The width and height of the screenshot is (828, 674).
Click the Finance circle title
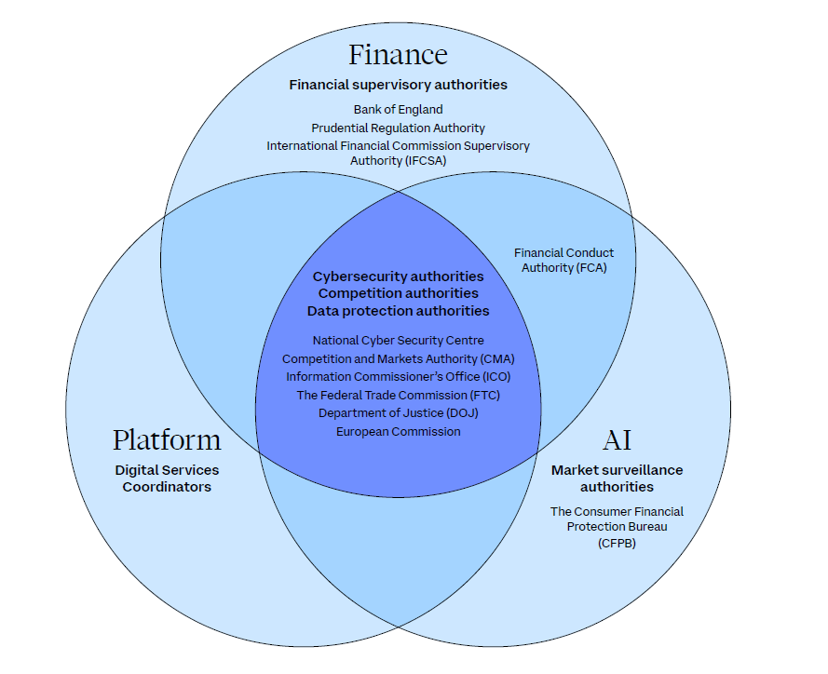coord(398,55)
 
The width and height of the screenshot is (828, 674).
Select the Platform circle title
coord(167,440)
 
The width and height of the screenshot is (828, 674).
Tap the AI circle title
coord(617,440)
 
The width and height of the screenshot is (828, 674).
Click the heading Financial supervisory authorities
coord(398,85)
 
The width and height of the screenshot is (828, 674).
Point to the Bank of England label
coord(398,110)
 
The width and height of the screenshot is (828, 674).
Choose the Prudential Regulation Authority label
coord(398,128)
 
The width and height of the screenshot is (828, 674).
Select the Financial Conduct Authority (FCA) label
coord(563,261)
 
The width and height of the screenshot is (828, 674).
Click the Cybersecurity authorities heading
coord(398,276)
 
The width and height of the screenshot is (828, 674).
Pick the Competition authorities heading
coord(398,293)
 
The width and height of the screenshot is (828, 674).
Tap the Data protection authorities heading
coord(398,311)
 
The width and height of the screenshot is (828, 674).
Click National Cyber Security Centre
coord(398,341)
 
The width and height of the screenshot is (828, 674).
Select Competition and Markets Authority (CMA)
coord(398,358)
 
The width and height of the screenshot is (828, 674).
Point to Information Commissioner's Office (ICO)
coord(398,377)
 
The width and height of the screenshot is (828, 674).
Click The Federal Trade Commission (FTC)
coord(398,395)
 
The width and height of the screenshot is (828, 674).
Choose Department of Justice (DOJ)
coord(398,412)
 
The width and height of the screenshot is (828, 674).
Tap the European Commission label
coord(398,431)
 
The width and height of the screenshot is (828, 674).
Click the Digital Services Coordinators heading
coord(167,479)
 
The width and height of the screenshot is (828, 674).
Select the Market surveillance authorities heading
coord(617,479)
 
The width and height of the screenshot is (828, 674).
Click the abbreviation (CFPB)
coord(617,543)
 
